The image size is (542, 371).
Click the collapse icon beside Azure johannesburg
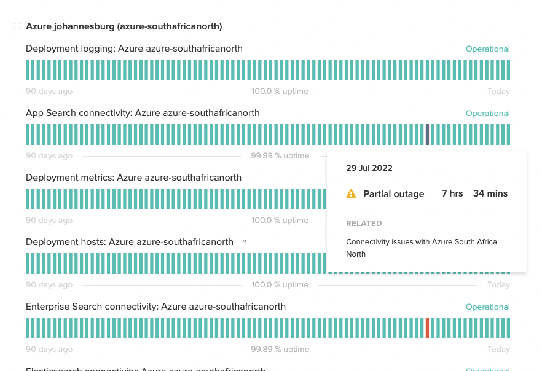click(x=17, y=26)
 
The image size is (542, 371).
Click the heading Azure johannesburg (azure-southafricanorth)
click(x=124, y=26)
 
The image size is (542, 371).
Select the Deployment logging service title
click(x=134, y=49)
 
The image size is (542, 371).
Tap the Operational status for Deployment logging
click(x=487, y=49)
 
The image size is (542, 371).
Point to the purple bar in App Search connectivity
click(x=427, y=135)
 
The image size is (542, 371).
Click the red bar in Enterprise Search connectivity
click(x=427, y=328)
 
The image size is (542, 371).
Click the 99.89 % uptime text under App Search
click(x=280, y=156)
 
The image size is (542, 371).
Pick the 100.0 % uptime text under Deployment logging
click(x=280, y=92)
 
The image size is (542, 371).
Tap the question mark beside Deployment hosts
click(x=245, y=243)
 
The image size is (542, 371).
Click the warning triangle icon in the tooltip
click(x=351, y=194)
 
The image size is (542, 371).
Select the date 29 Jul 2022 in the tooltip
click(x=369, y=168)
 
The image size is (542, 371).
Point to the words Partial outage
click(x=393, y=194)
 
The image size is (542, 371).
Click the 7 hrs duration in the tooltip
click(x=452, y=193)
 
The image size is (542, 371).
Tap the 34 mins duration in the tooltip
click(x=490, y=193)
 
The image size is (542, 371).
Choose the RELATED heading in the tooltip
click(x=364, y=224)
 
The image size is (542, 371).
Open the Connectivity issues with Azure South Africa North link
click(x=421, y=248)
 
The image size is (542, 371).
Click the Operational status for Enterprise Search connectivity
click(x=487, y=307)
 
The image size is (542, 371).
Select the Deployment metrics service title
click(x=133, y=178)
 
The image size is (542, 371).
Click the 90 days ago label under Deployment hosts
click(x=49, y=285)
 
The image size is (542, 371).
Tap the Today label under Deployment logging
click(x=498, y=92)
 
